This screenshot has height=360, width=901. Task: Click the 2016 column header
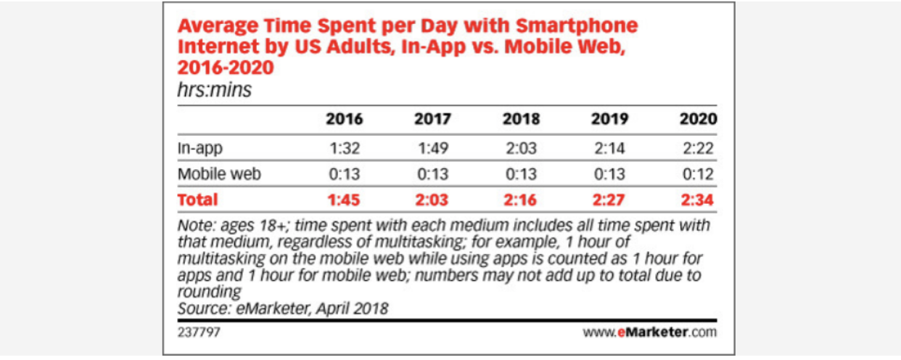345,120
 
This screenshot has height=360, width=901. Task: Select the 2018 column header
520,120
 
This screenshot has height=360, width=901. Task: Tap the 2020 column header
697,120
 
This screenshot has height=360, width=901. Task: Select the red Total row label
197,199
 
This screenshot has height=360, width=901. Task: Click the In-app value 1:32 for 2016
345,148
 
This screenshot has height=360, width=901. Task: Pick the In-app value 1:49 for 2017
432,148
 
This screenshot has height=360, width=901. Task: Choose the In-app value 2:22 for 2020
698,148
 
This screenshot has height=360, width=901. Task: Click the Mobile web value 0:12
698,174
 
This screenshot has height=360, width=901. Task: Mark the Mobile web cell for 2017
432,174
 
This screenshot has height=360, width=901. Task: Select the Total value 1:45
345,199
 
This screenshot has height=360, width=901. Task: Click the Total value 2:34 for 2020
697,199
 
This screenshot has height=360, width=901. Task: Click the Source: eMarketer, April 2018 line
283,308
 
